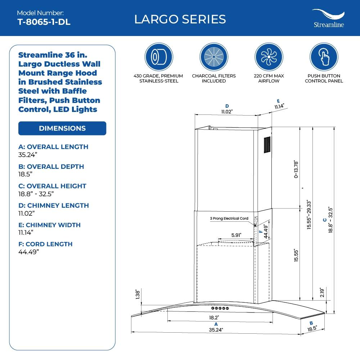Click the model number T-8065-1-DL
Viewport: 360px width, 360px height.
coord(44,22)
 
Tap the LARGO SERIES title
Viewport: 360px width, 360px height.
coord(180,19)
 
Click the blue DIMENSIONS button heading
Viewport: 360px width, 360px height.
coord(62,128)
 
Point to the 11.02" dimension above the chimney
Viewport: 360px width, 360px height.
coord(226,112)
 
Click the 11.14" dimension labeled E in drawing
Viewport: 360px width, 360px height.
coord(279,106)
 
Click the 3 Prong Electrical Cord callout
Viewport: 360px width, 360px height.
coord(229,219)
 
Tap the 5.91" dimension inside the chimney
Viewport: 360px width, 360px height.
coord(236,235)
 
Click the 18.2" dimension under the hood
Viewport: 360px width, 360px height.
coord(214,318)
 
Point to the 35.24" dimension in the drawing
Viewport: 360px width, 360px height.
coord(216,329)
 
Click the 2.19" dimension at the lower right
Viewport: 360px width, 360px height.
coord(322,293)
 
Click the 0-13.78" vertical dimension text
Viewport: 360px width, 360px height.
coord(296,169)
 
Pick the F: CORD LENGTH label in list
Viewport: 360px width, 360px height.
coord(45,244)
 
